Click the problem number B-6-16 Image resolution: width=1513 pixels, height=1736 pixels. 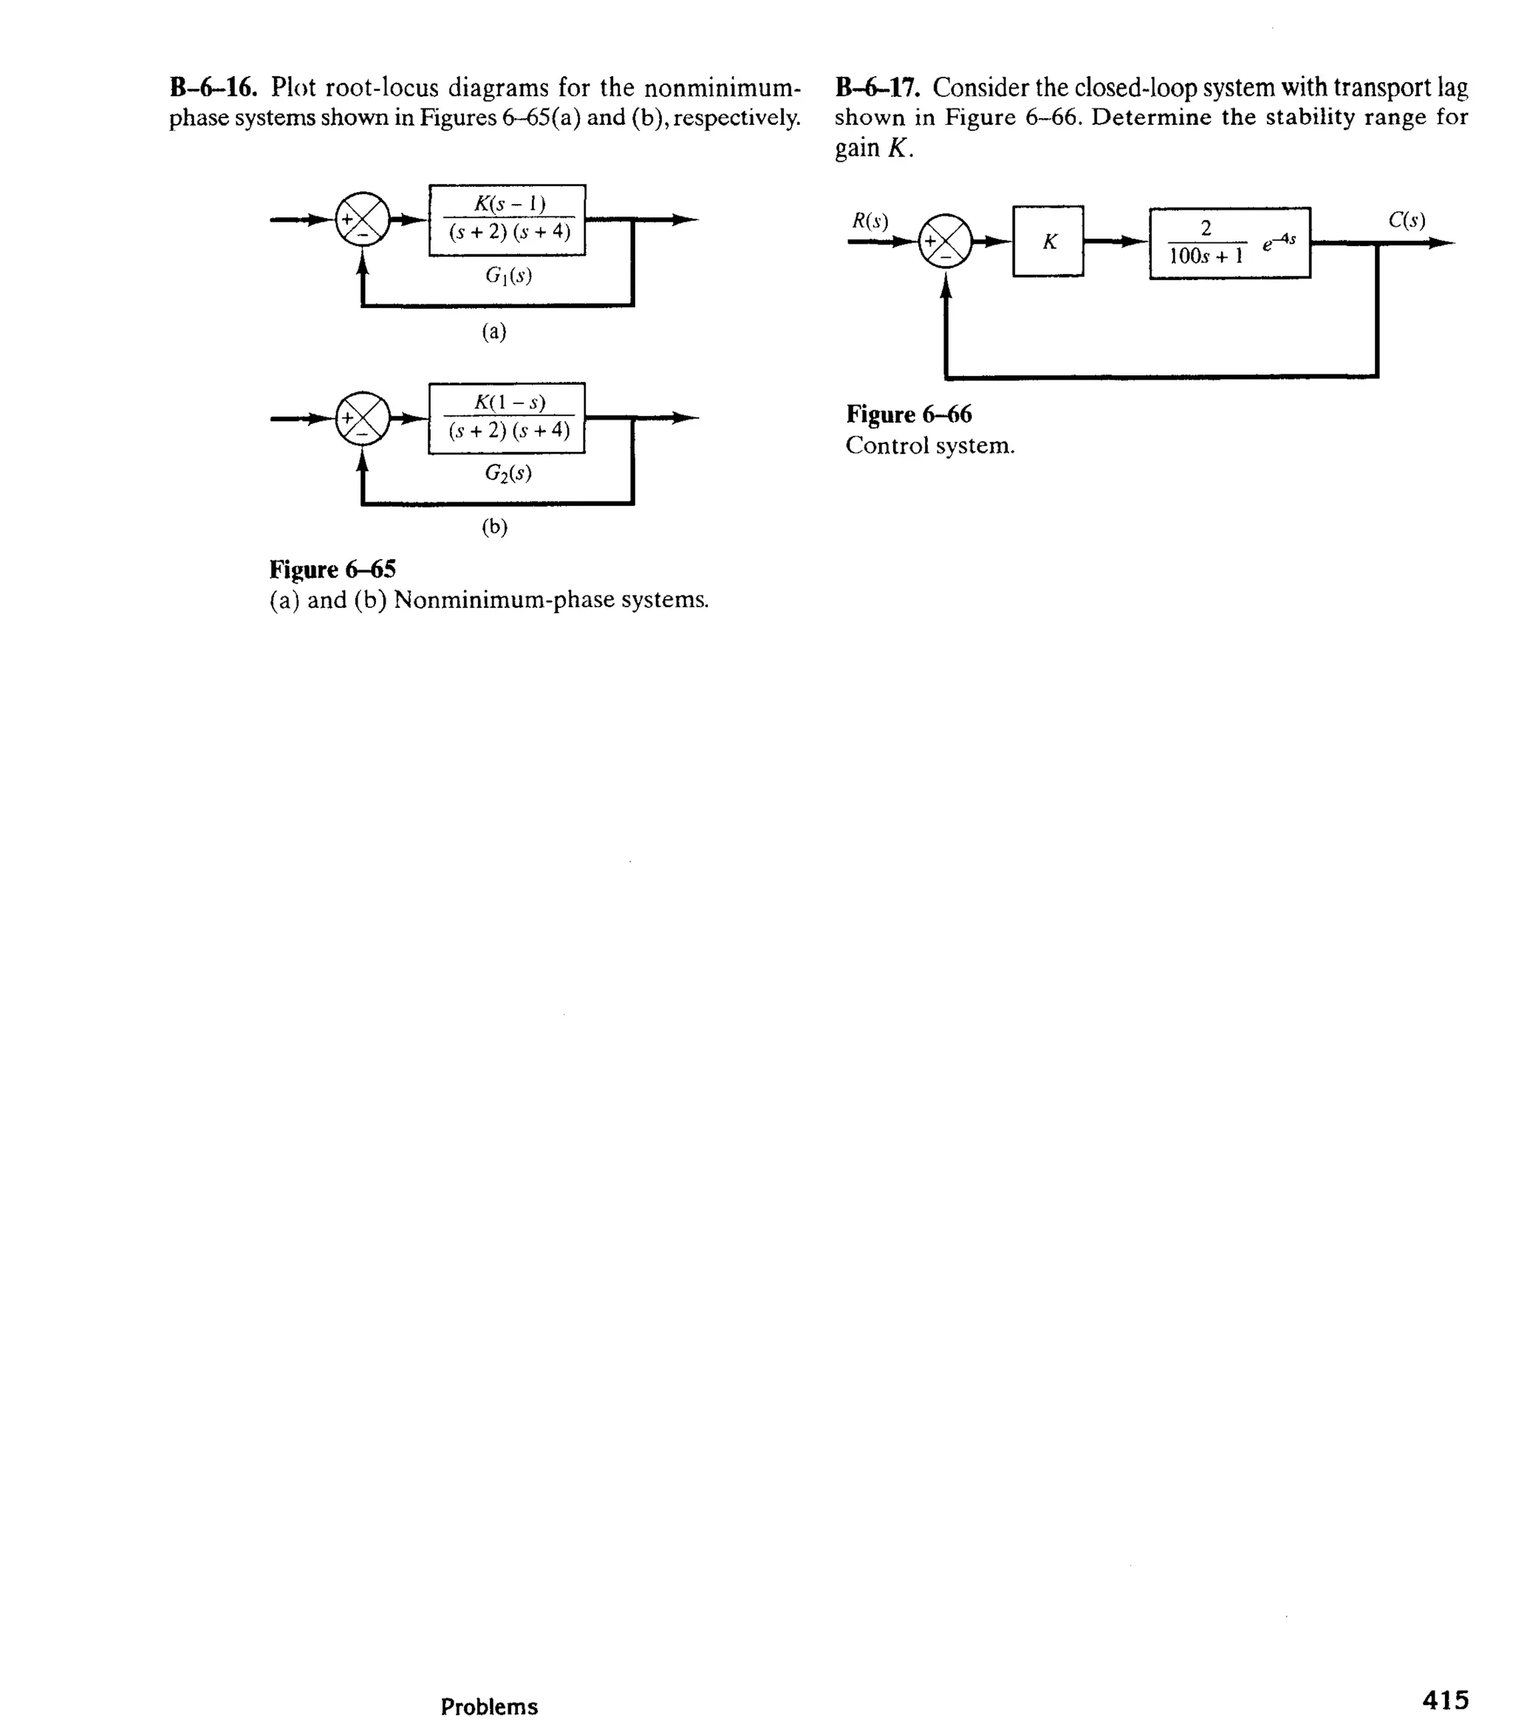[213, 87]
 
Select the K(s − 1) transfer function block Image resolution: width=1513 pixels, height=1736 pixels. [508, 219]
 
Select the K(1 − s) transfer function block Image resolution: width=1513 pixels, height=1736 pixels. [508, 418]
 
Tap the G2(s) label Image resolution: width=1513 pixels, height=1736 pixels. [508, 473]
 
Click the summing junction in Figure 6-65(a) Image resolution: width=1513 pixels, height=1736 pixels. [363, 220]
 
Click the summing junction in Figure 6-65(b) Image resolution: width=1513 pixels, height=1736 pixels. [363, 418]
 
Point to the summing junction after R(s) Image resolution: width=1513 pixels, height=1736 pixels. [946, 242]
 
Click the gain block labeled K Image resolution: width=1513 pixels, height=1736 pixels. [1048, 242]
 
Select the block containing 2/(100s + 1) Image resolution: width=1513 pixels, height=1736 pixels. [1229, 242]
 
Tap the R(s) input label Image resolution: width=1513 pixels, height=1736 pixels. [870, 221]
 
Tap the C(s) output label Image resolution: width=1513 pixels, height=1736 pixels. [1407, 220]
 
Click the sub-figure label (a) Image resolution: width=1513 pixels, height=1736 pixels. [494, 332]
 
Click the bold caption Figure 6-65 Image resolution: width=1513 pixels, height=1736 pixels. [332, 569]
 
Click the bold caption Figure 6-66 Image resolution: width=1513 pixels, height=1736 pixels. [909, 414]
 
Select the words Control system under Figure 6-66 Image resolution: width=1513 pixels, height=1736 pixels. [929, 446]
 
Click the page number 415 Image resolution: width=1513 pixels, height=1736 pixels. [1446, 1699]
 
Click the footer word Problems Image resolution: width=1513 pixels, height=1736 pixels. [489, 1706]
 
